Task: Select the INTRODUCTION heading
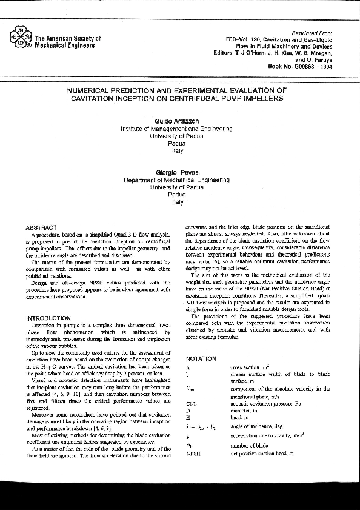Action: [48, 318]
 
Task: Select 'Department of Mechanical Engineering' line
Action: [176, 180]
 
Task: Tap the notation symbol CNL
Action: [192, 402]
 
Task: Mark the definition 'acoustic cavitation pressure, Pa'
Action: [270, 403]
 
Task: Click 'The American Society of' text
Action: [68, 38]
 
